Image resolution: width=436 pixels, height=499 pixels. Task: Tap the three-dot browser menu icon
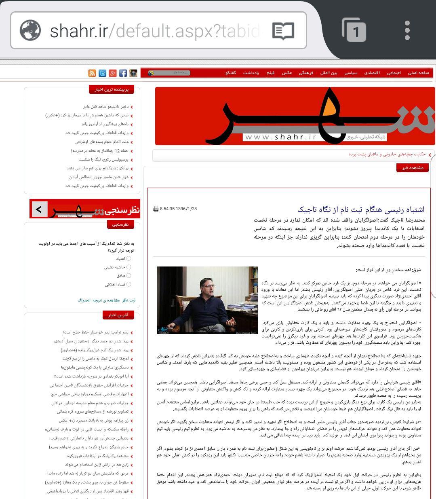(x=407, y=31)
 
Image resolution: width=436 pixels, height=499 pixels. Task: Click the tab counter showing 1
(x=354, y=30)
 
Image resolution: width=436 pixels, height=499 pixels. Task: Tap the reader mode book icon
(x=283, y=31)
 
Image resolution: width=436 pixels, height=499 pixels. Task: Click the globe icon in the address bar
(x=30, y=30)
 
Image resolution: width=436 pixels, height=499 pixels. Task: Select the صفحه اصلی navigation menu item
(x=418, y=73)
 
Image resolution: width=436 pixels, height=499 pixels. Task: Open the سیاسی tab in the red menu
(x=351, y=73)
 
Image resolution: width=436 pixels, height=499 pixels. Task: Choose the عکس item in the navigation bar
(x=287, y=73)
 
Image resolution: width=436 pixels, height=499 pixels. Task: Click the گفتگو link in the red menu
(x=231, y=73)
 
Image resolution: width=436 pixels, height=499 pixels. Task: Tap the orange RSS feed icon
(x=92, y=73)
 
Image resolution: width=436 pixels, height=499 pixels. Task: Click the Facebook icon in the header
(x=123, y=73)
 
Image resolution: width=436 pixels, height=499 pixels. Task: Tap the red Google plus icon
(x=113, y=73)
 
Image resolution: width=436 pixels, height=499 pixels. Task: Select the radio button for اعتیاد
(x=129, y=258)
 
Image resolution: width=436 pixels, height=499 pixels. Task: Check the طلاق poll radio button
(x=129, y=275)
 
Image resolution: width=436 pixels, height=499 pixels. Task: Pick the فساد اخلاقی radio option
(x=129, y=284)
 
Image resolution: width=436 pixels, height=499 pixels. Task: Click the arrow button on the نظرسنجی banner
(x=39, y=209)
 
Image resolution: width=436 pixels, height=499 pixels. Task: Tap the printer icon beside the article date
(x=156, y=209)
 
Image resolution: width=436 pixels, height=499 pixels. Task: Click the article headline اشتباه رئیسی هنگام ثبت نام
(x=361, y=209)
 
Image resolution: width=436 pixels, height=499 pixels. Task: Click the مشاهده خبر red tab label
(x=413, y=168)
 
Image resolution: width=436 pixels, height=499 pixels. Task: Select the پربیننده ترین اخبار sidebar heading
(x=112, y=89)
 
